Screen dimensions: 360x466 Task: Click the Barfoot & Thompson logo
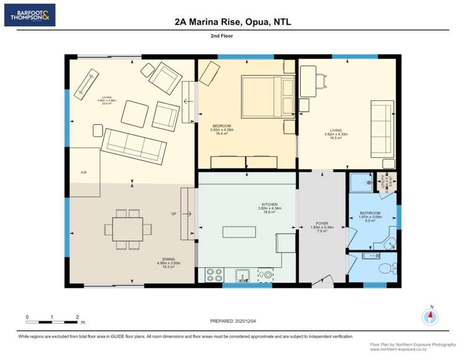29,15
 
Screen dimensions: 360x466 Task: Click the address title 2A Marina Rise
233,22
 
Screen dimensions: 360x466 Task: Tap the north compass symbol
429,316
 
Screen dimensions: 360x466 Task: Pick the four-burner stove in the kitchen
214,274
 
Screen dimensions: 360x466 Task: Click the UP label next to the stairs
174,214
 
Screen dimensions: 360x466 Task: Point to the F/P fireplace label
83,172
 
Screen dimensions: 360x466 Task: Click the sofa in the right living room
381,129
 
